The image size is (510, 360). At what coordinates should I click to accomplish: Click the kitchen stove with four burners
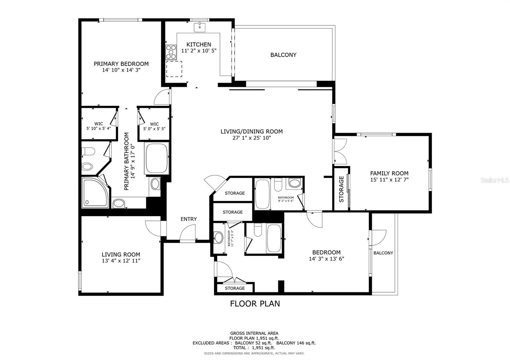[171, 52]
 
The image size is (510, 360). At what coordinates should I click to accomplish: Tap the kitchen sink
[200, 27]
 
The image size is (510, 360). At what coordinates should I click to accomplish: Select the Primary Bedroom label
[121, 64]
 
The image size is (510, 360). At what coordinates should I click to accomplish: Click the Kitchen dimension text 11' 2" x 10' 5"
[199, 51]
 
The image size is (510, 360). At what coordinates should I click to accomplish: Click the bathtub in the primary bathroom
[157, 158]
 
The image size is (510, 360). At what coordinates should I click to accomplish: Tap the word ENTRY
[188, 219]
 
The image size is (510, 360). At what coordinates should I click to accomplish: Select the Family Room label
[389, 173]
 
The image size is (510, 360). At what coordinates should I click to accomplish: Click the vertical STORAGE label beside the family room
[341, 189]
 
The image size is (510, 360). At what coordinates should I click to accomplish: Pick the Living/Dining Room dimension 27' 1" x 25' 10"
[251, 138]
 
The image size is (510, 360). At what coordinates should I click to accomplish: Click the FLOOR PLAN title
[255, 304]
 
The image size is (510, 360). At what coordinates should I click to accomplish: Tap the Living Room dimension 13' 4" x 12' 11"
[121, 261]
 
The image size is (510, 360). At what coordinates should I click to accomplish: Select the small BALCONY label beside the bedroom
[383, 253]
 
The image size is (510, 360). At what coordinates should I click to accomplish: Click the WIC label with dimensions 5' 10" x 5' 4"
[98, 126]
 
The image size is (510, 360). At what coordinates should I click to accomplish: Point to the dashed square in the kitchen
[174, 69]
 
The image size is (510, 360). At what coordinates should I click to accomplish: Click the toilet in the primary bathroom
[88, 151]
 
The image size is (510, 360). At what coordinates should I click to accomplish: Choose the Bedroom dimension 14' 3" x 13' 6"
[326, 259]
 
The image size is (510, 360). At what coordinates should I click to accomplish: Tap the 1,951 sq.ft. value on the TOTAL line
[263, 348]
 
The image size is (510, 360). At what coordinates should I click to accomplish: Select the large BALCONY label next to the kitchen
[283, 55]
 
